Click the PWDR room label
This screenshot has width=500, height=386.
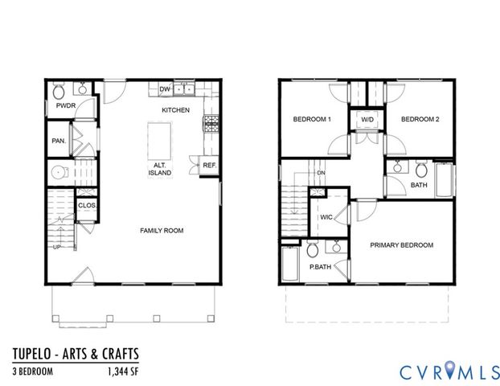pos(64,105)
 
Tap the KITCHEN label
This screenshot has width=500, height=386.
pos(175,109)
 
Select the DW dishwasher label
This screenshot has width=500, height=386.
pos(165,89)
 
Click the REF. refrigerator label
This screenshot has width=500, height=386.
pos(209,165)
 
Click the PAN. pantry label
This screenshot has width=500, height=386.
pos(59,140)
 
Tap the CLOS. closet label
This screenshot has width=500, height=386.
pos(88,205)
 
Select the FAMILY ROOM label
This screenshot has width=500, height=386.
pos(162,231)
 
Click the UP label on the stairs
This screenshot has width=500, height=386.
pos(55,247)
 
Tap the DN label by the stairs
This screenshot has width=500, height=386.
pos(321,174)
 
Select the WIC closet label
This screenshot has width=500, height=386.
pos(326,217)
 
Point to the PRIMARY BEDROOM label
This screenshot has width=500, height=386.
pos(402,245)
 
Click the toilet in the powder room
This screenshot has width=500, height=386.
pos(59,89)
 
